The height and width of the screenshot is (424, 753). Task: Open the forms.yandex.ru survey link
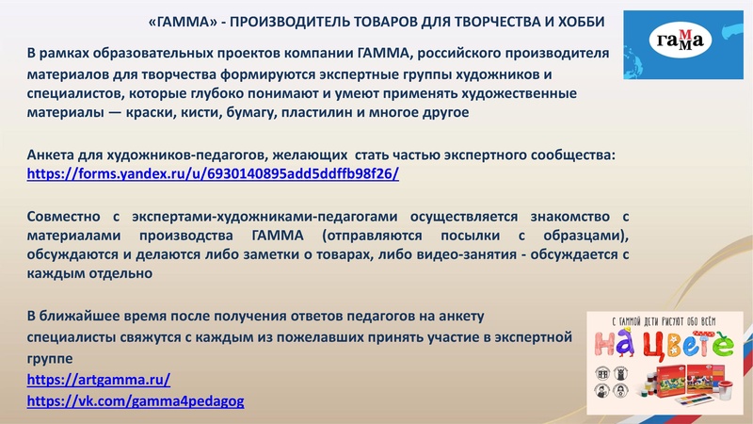click(214, 173)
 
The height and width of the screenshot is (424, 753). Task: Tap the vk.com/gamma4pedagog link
click(136, 400)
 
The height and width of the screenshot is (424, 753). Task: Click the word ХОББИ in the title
click(601, 21)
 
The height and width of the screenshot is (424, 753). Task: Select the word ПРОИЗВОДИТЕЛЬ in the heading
click(297, 21)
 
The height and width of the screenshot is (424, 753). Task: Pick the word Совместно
click(64, 214)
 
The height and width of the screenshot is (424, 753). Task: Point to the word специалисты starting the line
click(72, 335)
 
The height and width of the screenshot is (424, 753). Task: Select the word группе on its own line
click(49, 358)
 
